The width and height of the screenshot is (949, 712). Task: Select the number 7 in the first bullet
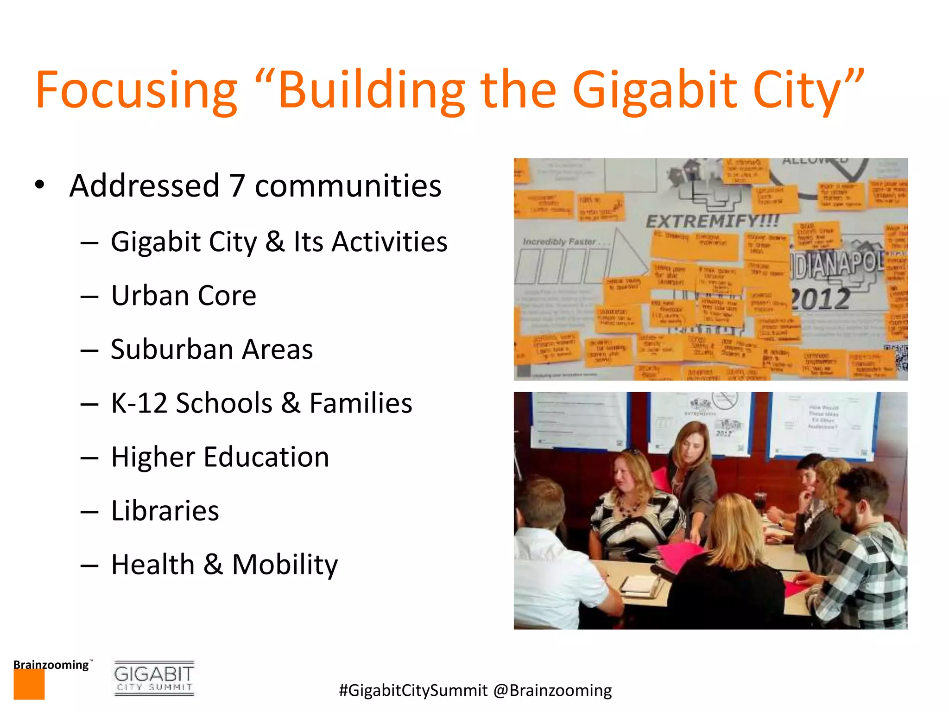click(x=237, y=186)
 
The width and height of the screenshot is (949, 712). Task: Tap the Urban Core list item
click(x=183, y=296)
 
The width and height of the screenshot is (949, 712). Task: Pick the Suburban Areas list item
click(x=212, y=350)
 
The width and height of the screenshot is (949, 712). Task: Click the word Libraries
click(x=165, y=511)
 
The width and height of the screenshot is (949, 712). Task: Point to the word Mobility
click(x=285, y=565)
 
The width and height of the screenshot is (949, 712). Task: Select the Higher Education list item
click(x=220, y=457)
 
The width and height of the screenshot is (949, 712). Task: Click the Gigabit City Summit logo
click(x=154, y=678)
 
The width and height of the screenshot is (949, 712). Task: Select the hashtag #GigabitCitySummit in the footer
click(x=413, y=691)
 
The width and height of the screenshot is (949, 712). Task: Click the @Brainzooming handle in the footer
click(x=552, y=691)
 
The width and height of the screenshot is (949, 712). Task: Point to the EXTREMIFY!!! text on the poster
click(x=713, y=221)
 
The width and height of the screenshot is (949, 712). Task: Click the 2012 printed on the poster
click(x=820, y=299)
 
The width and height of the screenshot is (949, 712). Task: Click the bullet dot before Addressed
click(x=40, y=184)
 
